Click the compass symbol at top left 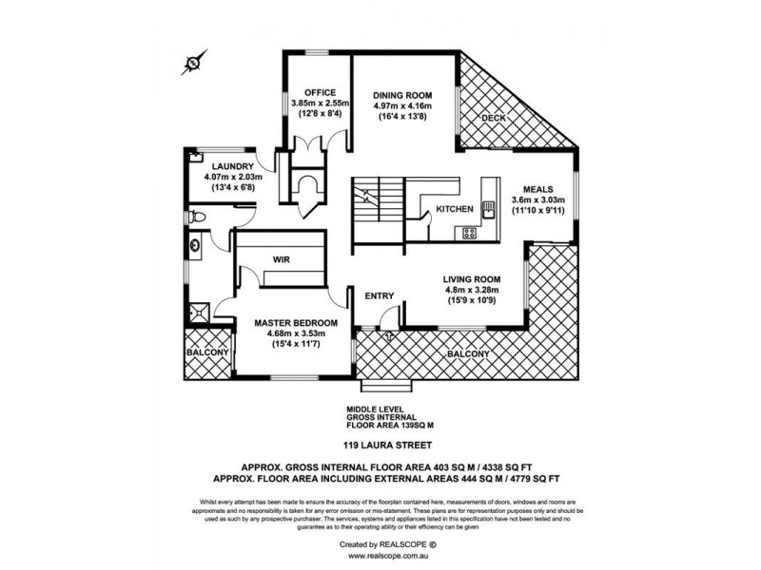(x=193, y=65)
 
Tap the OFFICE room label (x=321, y=92)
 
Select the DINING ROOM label (x=403, y=96)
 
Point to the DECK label (x=493, y=119)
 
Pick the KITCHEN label (x=455, y=209)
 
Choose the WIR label (x=281, y=257)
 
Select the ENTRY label (x=380, y=296)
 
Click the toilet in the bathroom (x=197, y=218)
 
